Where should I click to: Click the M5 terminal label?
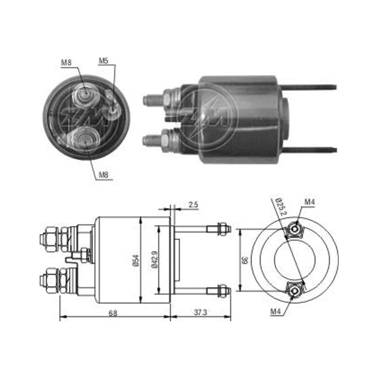pos(104,61)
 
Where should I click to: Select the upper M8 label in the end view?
pos(66,62)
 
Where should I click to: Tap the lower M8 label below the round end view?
pos(104,175)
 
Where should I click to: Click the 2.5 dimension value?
pos(193,205)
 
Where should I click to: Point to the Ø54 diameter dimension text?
pos(136,260)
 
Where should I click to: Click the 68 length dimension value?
pos(113,313)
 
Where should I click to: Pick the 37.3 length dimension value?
pos(201,313)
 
